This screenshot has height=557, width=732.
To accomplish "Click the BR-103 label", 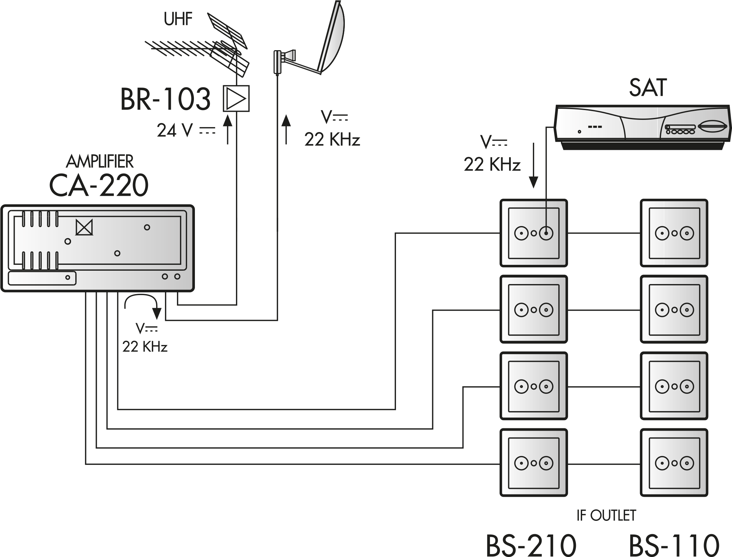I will [x=165, y=99].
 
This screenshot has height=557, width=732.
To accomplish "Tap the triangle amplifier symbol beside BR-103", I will [x=236, y=98].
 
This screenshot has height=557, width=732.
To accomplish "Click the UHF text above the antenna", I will [x=178, y=19].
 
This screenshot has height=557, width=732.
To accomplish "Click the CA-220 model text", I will [x=98, y=185].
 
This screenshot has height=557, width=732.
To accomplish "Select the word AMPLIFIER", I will [x=99, y=162].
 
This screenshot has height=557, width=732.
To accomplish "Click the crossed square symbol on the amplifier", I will [x=84, y=227].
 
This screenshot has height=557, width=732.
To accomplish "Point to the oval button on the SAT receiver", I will [x=713, y=127].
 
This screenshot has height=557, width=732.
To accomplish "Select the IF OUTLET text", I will [x=606, y=516].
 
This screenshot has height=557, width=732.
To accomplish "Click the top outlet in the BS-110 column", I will [x=674, y=233].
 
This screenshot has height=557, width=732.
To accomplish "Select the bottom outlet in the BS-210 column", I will [x=533, y=463].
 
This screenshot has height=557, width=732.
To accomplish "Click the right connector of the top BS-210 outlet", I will [x=546, y=234].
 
